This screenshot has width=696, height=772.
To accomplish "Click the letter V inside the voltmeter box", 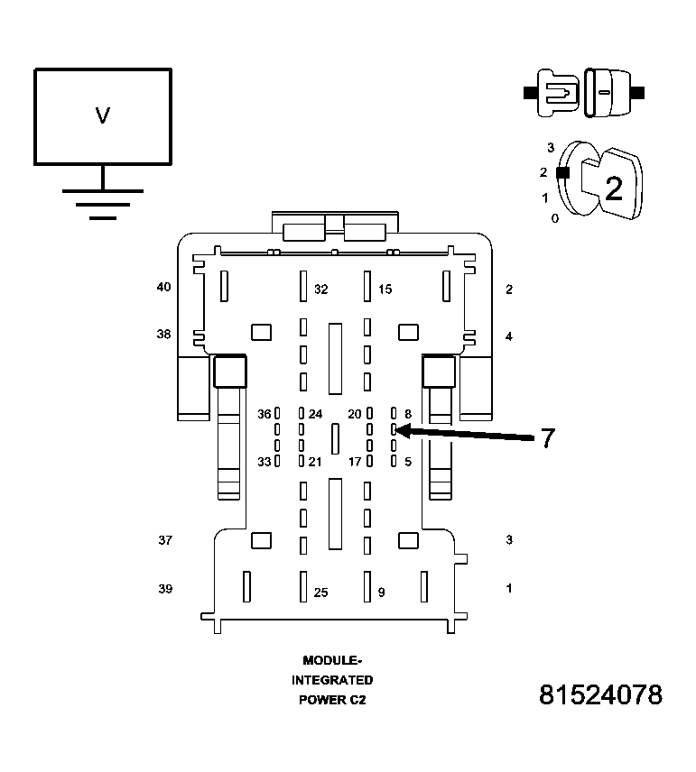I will point(103,115).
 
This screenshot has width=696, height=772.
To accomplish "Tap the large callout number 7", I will point(548,439).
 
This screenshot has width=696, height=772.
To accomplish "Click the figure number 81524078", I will point(600,695).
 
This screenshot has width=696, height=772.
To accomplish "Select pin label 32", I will point(321,289).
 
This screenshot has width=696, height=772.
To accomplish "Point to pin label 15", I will point(385,289).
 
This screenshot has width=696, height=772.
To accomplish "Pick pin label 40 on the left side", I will point(163,288).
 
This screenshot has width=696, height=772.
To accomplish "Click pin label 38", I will point(163,334).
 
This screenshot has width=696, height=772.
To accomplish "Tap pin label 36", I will point(264,414).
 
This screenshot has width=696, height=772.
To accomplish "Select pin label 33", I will point(264,462).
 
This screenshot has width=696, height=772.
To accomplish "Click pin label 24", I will point(315,414).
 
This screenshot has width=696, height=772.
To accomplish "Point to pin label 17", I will point(355,462).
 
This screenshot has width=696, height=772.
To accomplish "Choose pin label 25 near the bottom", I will point(320,593).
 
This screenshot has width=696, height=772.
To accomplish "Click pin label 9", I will point(381,593).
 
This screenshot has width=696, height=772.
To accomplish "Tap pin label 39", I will point(165,589).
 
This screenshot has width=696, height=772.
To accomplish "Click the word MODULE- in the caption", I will point(332,660).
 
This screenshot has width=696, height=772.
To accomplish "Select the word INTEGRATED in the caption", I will point(332,680).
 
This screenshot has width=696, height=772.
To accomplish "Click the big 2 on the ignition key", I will point(613,188).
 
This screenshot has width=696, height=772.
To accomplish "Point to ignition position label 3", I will point(550,147).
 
